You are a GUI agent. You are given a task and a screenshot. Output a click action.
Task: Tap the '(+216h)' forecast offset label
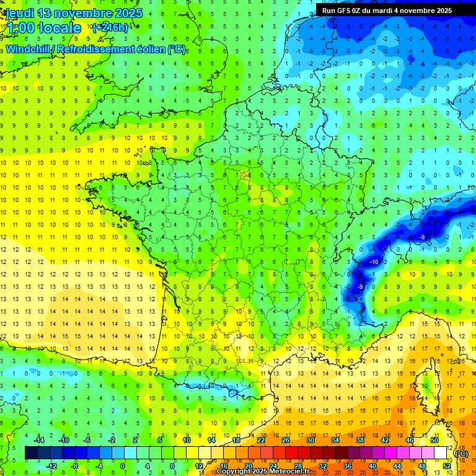pos(110,27)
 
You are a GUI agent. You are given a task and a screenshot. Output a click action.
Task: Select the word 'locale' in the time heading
pos(59,28)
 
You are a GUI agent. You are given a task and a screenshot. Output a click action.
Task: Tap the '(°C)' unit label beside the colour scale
pos(461,454)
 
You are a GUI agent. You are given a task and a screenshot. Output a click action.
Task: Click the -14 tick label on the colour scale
pos(39,440)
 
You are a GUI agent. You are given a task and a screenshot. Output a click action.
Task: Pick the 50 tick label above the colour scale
pos(434,440)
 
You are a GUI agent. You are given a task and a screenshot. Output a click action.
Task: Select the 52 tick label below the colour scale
pos(446,465)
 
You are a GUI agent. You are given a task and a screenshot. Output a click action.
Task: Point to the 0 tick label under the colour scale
pos(123,465)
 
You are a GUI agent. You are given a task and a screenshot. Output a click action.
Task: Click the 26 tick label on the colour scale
pos(285,440)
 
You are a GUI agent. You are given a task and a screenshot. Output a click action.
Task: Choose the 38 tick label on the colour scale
pos(359,440)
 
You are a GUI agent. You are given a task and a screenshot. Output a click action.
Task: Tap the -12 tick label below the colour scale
pos(51,465)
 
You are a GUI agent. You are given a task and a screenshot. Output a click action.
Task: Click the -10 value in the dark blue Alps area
pos(374,263)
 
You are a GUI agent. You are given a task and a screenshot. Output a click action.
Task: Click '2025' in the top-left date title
pos(128,13)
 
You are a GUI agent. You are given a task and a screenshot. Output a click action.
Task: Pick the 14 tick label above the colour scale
pos(211,440)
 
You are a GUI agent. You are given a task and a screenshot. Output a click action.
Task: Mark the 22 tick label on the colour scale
pos(260,440)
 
